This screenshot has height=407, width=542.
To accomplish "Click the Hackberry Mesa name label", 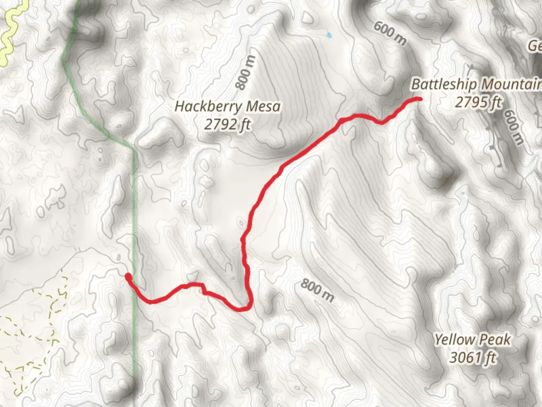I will (x=228, y=107).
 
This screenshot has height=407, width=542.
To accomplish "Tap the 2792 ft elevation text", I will (x=228, y=124).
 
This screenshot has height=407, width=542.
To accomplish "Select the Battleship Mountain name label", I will (x=477, y=84).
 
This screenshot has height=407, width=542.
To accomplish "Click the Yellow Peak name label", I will (x=473, y=340).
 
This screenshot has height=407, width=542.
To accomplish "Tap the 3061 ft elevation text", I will (x=473, y=357).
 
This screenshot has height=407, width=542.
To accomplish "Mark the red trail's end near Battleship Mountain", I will (x=419, y=99).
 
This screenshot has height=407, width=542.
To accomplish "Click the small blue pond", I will (x=329, y=35).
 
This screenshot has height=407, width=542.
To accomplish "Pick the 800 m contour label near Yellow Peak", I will (x=317, y=291).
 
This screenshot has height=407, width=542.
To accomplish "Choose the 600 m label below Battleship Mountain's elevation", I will (x=514, y=127).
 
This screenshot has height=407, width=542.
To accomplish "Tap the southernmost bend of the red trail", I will (x=243, y=309).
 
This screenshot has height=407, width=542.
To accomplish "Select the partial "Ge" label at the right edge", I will (x=534, y=46).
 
